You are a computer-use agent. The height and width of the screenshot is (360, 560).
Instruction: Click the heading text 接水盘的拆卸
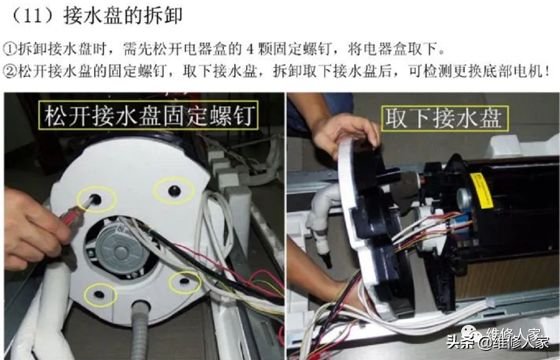[123, 15]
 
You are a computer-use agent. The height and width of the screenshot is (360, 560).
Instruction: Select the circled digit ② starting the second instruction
[10, 71]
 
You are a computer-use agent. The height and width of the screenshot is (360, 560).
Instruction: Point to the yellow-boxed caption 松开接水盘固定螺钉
[148, 115]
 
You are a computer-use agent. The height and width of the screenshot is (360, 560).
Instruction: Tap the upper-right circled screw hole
[174, 191]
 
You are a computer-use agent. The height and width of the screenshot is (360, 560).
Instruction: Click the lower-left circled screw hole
[100, 294]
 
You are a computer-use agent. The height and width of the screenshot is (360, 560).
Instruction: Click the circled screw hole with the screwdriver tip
[96, 199]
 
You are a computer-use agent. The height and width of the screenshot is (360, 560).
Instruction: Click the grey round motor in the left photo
[118, 249]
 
